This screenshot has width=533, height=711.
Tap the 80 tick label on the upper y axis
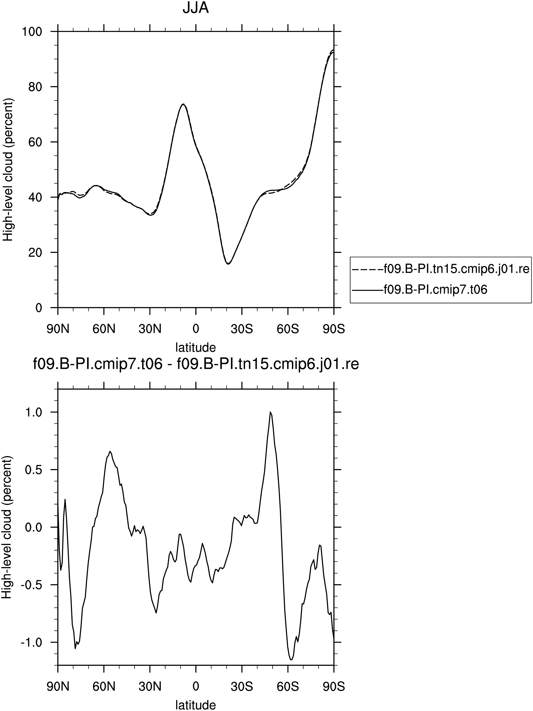coord(35,87)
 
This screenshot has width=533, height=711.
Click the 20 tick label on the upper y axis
coord(35,253)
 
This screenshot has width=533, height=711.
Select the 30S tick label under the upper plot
coord(242,329)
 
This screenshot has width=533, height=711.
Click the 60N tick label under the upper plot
coord(104,329)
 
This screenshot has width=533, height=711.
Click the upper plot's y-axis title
coord(8,169)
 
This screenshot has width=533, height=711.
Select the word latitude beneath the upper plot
coord(195,347)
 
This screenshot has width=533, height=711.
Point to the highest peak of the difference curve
coord(271,412)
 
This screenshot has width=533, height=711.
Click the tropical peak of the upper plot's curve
coord(183,104)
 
